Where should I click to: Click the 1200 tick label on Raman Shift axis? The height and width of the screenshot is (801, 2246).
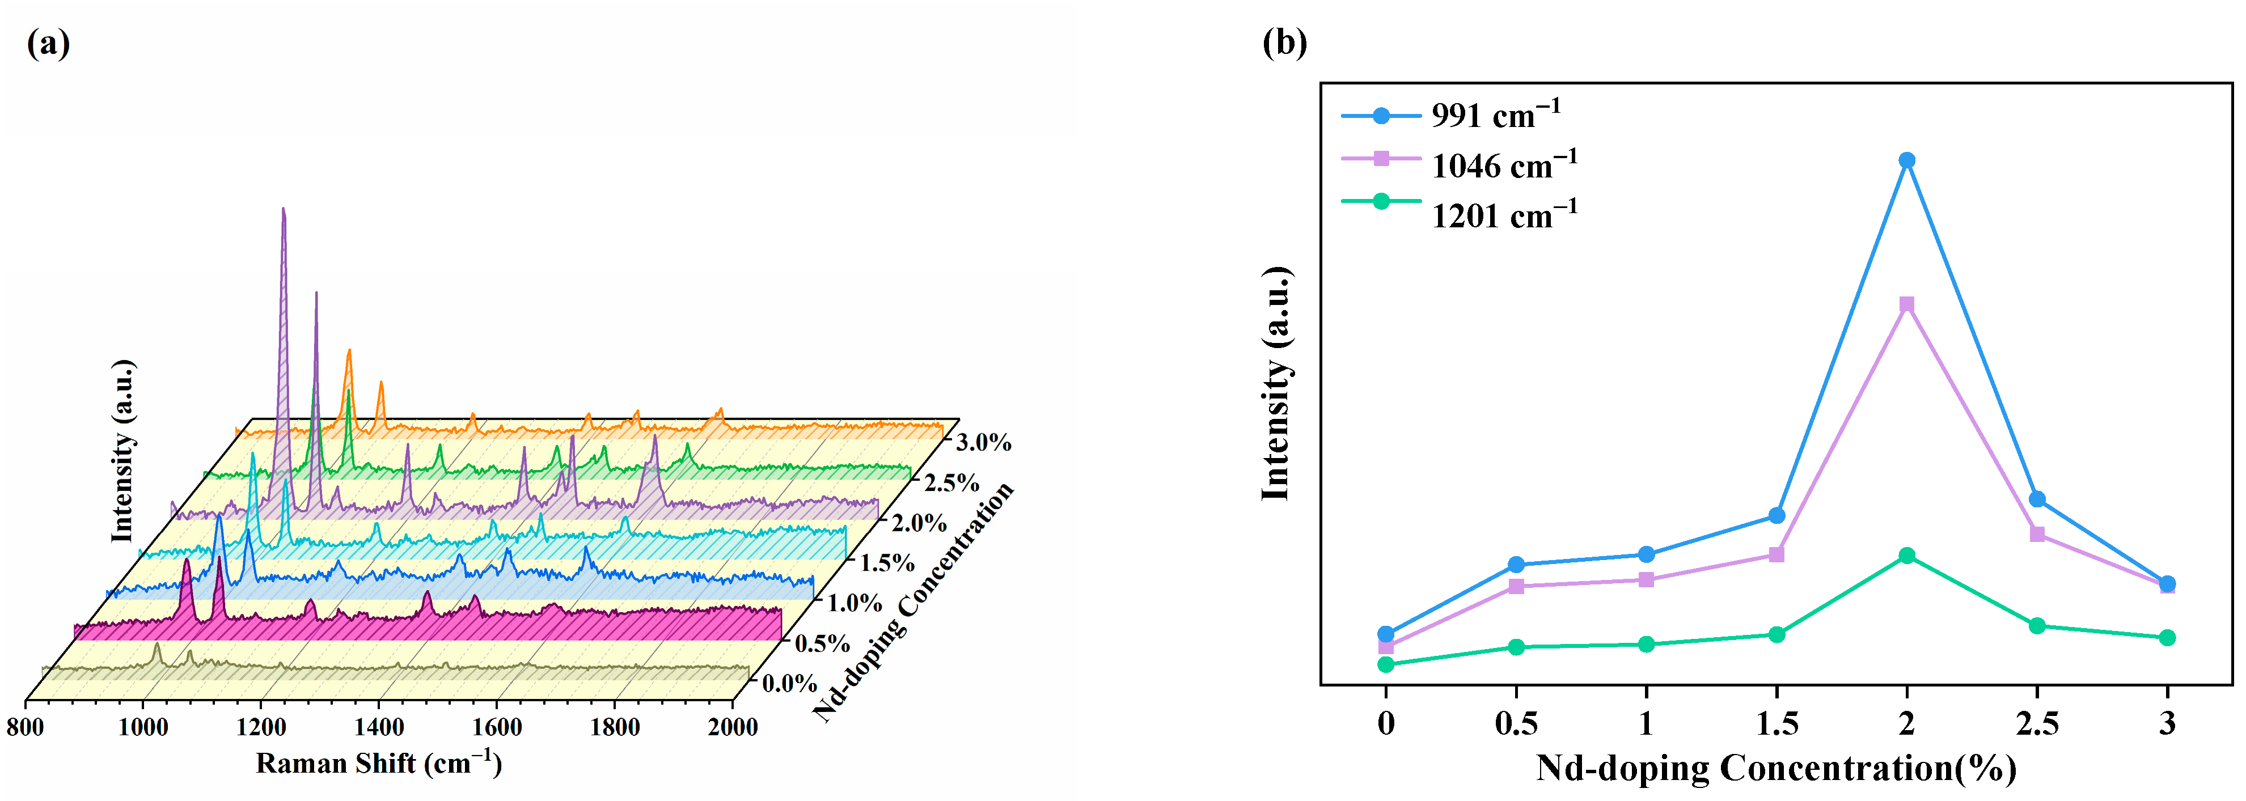click(261, 727)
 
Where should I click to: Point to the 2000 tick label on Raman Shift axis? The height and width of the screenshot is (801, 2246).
click(733, 727)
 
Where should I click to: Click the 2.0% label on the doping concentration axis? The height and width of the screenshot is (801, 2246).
click(918, 523)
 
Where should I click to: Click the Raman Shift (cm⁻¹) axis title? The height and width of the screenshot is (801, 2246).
click(378, 764)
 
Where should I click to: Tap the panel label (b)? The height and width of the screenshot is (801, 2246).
click(1284, 42)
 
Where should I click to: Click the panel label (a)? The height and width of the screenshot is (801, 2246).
click(48, 42)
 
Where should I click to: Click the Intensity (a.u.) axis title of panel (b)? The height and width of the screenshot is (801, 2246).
click(1276, 384)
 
